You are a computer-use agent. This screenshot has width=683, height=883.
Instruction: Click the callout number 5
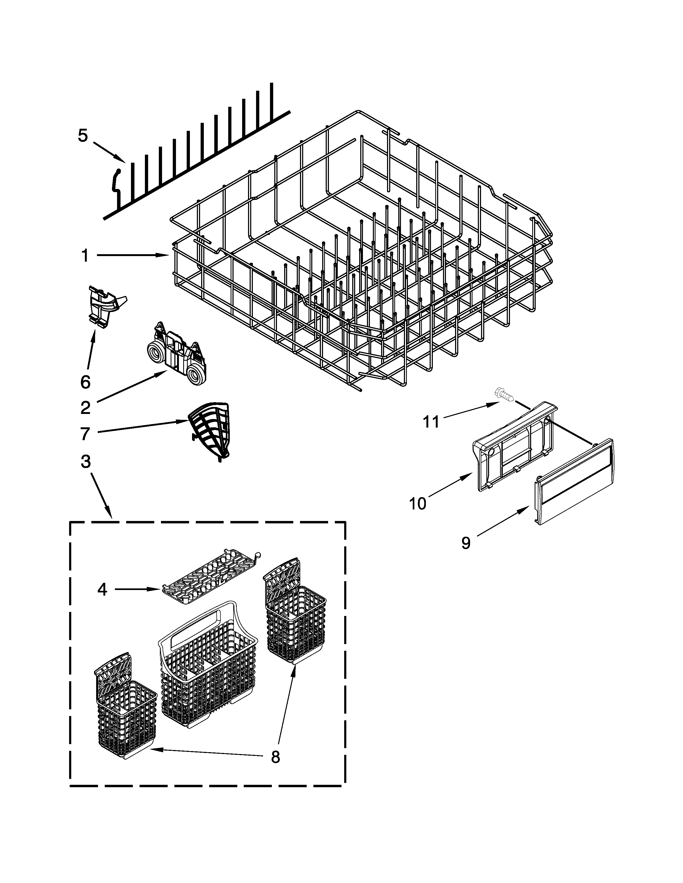pyautogui.click(x=82, y=136)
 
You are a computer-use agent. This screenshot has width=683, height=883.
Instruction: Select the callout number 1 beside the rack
pyautogui.click(x=85, y=256)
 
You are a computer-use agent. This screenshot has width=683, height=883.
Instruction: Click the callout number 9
pyautogui.click(x=466, y=543)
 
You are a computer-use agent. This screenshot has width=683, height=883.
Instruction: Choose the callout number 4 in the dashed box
pyautogui.click(x=102, y=590)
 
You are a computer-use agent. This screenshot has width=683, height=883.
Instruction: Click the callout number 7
pyautogui.click(x=85, y=434)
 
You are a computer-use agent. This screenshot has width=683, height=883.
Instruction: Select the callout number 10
pyautogui.click(x=418, y=504)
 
